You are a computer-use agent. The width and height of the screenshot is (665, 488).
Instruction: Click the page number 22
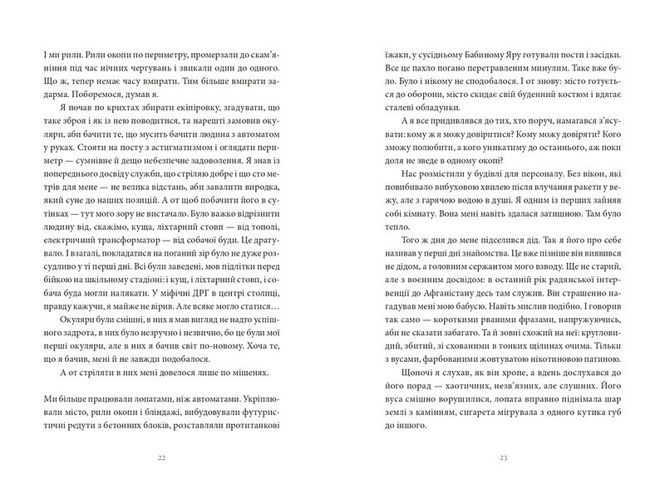174,456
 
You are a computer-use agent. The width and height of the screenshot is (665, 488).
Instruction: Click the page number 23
491,456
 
